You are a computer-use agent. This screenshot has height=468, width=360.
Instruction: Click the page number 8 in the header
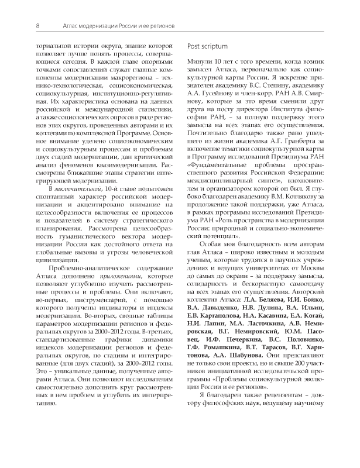click(38, 25)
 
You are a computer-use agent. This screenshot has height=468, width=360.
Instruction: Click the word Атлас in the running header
click(73, 25)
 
